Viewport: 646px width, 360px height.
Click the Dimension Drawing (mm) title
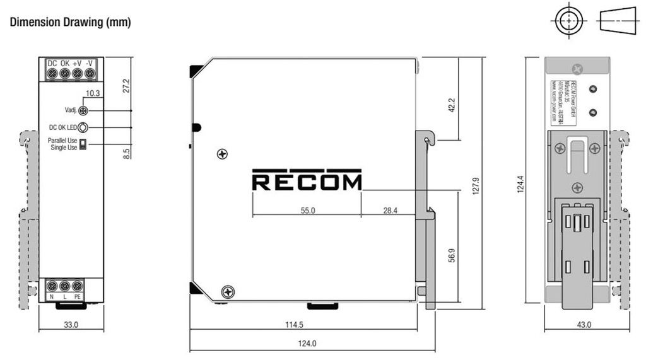pyautogui.click(x=70, y=23)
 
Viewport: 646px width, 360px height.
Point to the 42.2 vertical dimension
pyautogui.click(x=452, y=105)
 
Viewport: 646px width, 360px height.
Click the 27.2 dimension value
pyautogui.click(x=126, y=86)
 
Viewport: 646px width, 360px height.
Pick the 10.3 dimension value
pyautogui.click(x=93, y=93)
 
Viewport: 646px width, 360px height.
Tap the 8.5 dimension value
pyautogui.click(x=126, y=153)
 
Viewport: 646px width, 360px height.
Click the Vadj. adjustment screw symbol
pyautogui.click(x=83, y=111)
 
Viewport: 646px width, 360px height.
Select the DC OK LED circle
pyautogui.click(x=83, y=127)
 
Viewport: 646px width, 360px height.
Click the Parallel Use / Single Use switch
pyautogui.click(x=83, y=144)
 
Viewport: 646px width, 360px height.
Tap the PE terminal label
pyautogui.click(x=78, y=296)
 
